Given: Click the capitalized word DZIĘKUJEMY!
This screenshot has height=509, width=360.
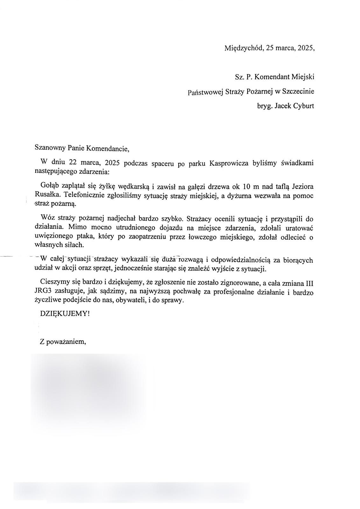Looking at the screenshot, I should coord(65,313).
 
